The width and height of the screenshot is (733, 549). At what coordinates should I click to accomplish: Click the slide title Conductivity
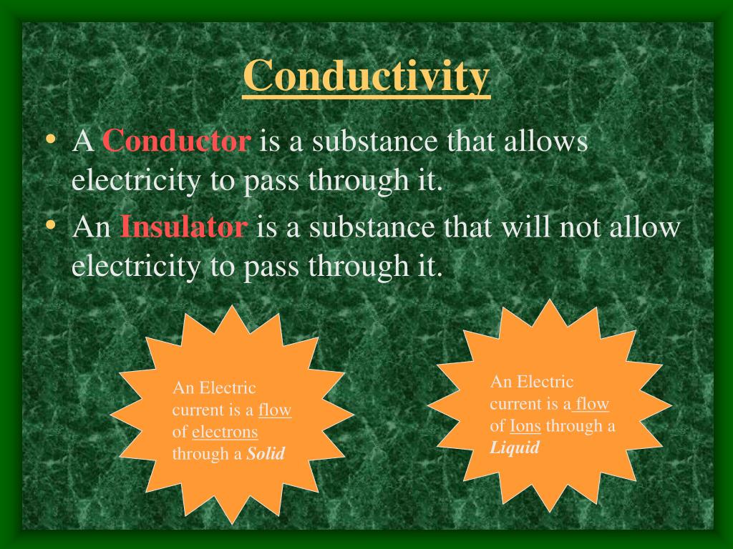click(366, 76)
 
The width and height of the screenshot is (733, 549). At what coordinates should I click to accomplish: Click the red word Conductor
click(176, 141)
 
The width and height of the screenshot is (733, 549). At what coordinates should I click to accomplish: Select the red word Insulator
click(184, 227)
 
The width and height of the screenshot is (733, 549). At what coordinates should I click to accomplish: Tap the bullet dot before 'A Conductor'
click(50, 139)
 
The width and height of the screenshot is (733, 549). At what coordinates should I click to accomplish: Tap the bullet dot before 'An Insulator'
click(50, 226)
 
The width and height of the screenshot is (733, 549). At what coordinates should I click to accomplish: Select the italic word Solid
click(266, 453)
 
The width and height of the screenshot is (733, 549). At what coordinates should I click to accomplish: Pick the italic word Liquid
click(514, 448)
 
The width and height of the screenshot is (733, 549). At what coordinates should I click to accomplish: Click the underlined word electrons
click(225, 432)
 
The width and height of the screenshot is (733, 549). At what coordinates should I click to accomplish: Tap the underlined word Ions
click(525, 426)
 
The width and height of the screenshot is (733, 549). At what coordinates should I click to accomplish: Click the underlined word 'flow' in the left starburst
click(275, 410)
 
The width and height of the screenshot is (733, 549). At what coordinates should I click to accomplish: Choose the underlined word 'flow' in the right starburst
click(592, 404)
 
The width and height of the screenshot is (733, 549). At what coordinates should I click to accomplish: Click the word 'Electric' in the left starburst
click(227, 388)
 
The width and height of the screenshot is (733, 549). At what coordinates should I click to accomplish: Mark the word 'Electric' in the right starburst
click(545, 382)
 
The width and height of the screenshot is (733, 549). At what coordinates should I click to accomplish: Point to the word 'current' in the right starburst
click(515, 404)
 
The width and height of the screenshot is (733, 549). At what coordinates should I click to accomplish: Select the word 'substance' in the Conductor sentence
click(372, 141)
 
